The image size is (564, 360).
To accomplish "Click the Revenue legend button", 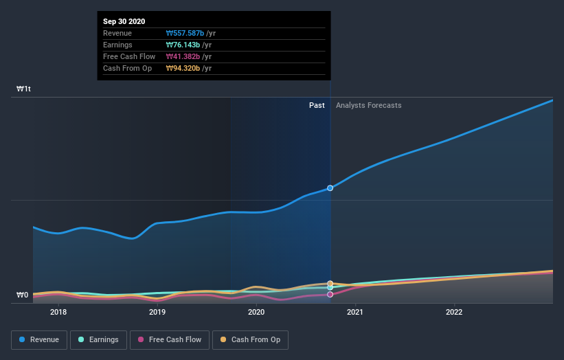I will coord(39,339).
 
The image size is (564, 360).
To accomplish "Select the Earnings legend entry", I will coord(98,339).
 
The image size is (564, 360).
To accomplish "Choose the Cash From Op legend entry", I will coord(250,339).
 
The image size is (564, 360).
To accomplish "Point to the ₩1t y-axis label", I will coord(24,89).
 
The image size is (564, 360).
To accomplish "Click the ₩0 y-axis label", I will coord(23,295).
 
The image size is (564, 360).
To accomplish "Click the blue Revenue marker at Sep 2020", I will coord(330,188).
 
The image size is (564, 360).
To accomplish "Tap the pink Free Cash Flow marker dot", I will coord(330,294).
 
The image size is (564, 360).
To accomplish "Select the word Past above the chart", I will coord(317,105).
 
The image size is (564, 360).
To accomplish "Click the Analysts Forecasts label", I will coord(368,105).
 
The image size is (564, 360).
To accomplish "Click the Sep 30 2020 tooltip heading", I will coord(124,21).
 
